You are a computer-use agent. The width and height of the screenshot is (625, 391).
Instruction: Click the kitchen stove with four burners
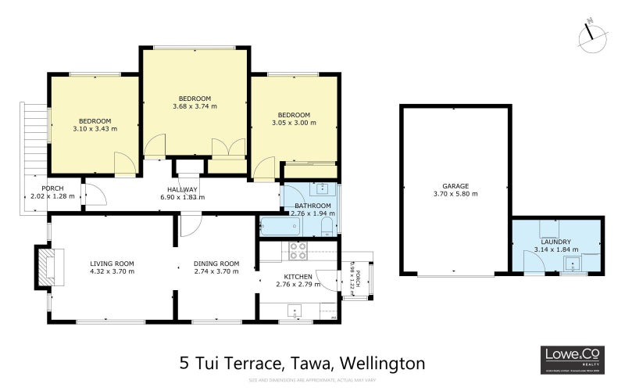coord(298,251)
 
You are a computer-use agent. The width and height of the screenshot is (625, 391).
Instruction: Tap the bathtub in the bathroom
coord(279,226)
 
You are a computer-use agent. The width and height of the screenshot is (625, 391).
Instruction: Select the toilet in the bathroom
coord(327,225)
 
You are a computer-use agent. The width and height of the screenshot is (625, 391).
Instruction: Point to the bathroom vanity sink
coord(322,188)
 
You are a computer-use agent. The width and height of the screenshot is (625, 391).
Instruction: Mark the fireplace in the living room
coord(46,266)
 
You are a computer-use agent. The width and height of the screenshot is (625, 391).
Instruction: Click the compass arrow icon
coord(593,32)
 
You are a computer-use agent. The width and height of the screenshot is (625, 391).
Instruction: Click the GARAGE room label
coord(455,186)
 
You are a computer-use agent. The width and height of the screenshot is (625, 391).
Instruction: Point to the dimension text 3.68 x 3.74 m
coord(195,106)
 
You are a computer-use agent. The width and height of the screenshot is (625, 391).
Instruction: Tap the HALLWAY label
coord(182,190)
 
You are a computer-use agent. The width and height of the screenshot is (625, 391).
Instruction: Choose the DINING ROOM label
coord(216,264)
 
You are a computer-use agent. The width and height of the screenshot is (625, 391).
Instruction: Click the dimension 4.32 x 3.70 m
coord(112,271)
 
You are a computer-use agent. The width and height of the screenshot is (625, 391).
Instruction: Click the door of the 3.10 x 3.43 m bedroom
coord(123,165)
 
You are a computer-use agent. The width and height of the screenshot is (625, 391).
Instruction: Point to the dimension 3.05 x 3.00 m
coord(294,123)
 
